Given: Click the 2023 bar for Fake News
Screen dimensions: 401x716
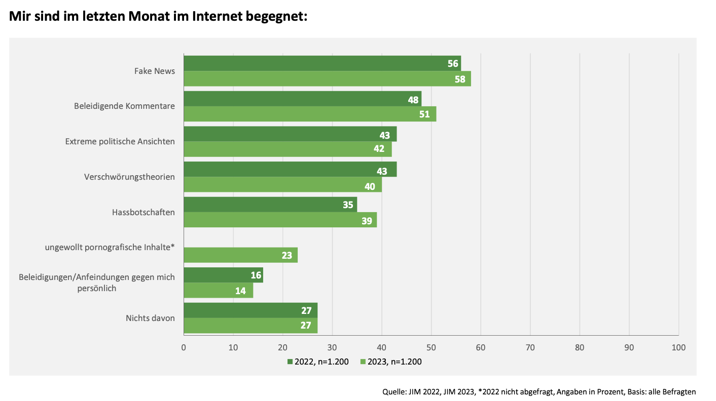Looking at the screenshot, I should (327, 79).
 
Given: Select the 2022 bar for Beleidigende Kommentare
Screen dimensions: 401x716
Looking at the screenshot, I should (302, 99).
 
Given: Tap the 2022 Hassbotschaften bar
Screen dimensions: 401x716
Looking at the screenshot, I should (270, 205).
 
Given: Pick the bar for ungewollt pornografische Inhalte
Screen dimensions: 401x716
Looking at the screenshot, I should (240, 255).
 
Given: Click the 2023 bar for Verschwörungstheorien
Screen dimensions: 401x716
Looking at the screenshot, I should (282, 185).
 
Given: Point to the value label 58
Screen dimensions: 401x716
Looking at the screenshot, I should (460, 79).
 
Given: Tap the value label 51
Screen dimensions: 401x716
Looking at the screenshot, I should (424, 114).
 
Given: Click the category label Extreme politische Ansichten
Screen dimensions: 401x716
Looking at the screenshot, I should (120, 141).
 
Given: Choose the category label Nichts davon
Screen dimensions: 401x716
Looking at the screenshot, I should (150, 318).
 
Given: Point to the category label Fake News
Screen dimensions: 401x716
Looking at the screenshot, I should (155, 71).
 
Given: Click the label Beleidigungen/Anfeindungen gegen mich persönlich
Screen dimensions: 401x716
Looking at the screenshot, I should (97, 283).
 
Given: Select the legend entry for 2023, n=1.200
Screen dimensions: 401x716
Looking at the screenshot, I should (391, 362).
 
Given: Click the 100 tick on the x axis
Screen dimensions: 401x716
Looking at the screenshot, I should (678, 347).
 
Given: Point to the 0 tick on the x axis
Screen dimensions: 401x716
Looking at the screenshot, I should (184, 347).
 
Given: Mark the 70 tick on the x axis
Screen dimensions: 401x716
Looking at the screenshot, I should (530, 347).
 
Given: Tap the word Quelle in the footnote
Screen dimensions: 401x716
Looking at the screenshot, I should (393, 391).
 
